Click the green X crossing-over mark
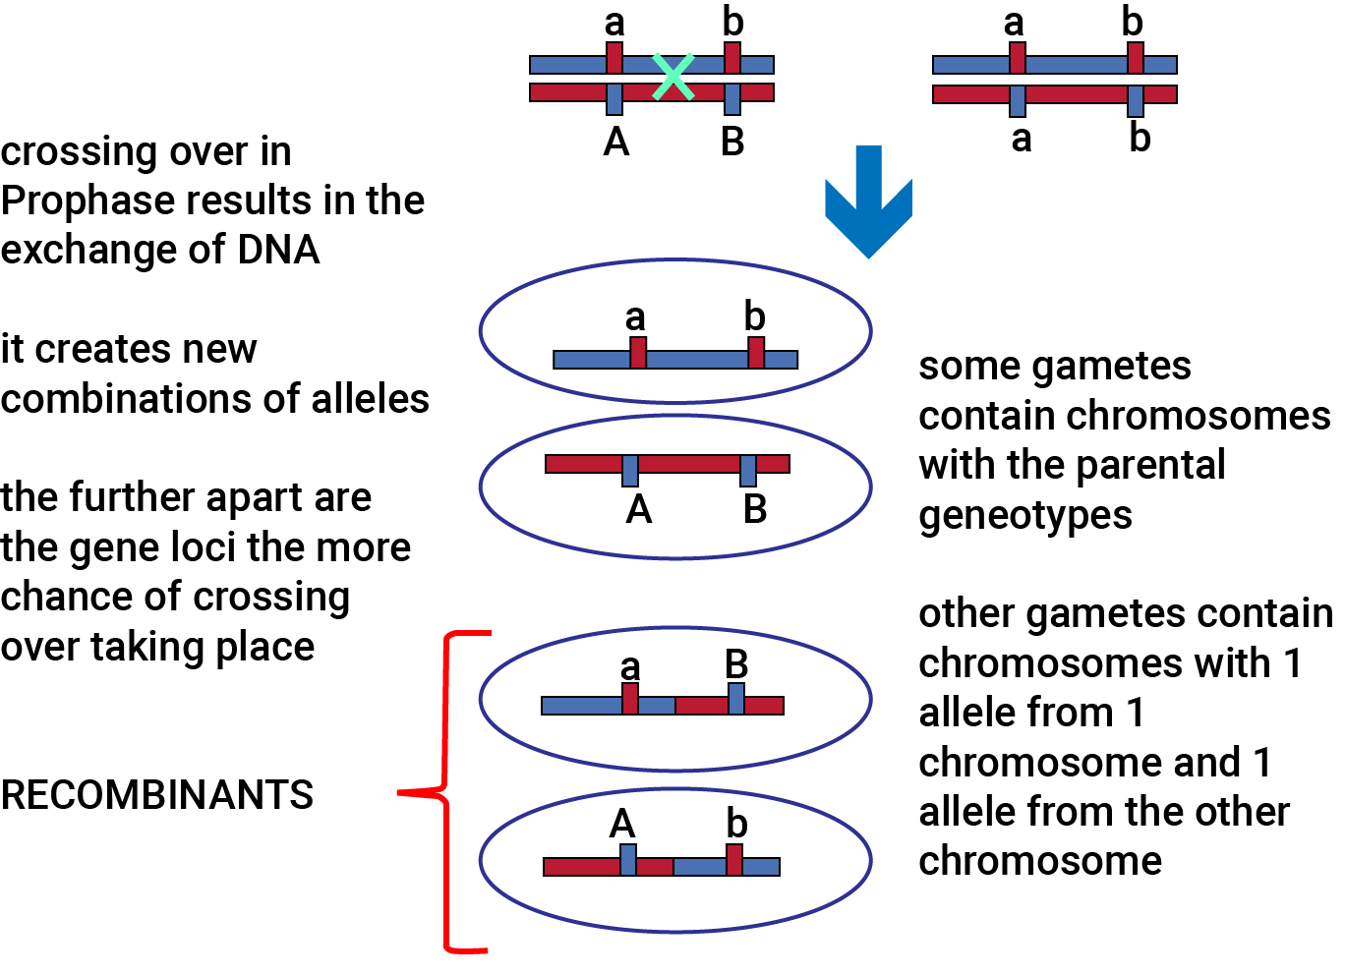tap(673, 77)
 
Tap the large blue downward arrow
tap(868, 201)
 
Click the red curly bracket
tap(444, 792)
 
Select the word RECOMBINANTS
tap(156, 795)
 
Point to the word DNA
tap(278, 250)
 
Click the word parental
tap(1150, 467)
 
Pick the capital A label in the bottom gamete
tap(621, 824)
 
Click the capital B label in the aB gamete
tap(736, 664)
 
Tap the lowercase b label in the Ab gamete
tap(736, 823)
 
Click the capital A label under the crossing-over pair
tap(616, 143)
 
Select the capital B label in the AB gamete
tap(755, 509)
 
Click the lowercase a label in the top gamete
tap(635, 317)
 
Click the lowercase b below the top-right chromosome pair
tap(1140, 138)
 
